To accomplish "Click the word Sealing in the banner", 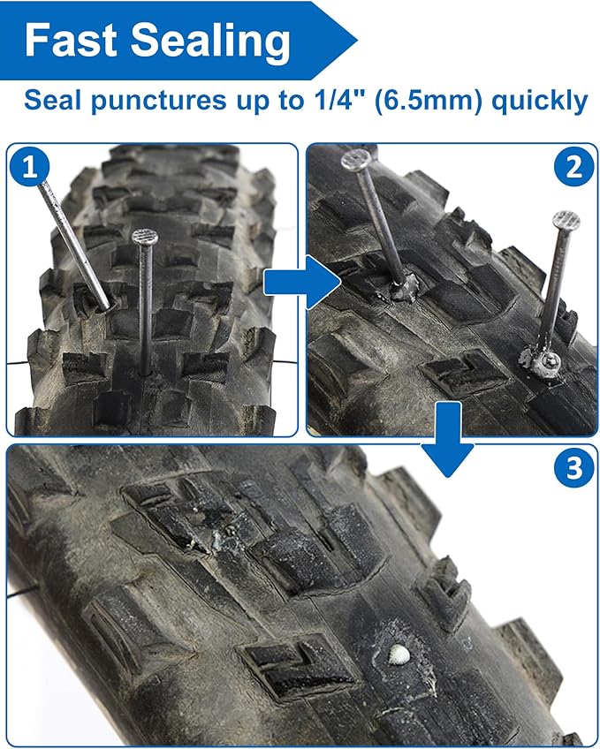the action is [x=210, y=43].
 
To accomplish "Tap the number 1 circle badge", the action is [x=30, y=167].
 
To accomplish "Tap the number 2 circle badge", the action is [x=573, y=167].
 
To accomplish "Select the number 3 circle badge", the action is [x=574, y=467].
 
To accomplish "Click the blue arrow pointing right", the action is [x=302, y=282].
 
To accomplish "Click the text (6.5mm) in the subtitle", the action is [x=429, y=101].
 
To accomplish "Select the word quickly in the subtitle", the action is [x=540, y=102].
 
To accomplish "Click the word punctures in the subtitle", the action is [x=158, y=102].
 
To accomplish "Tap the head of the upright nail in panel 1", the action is [x=145, y=236].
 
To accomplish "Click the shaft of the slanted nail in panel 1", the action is [x=74, y=245].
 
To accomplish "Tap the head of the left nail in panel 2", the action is [x=356, y=159].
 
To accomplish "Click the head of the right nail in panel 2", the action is [x=566, y=220].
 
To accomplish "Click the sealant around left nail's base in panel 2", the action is [x=403, y=290].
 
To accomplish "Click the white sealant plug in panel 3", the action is [x=399, y=654].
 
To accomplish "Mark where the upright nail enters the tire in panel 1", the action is [x=144, y=372].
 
